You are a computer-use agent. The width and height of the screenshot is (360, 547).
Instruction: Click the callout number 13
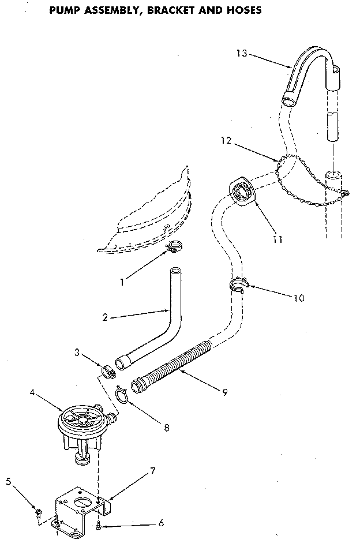point(241,53)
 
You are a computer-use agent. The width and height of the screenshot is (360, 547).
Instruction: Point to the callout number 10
point(298,298)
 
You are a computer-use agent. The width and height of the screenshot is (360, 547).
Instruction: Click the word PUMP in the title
point(65,10)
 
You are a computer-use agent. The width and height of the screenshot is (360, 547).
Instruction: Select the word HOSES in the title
point(242,10)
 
